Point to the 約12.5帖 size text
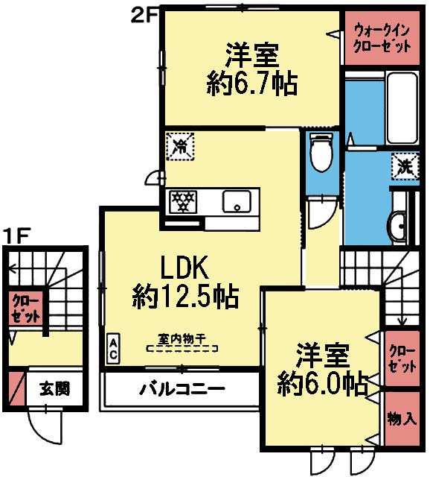[185, 297]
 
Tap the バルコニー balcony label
[182, 389]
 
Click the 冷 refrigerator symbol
[180, 145]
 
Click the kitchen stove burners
[184, 200]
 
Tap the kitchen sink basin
[237, 200]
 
